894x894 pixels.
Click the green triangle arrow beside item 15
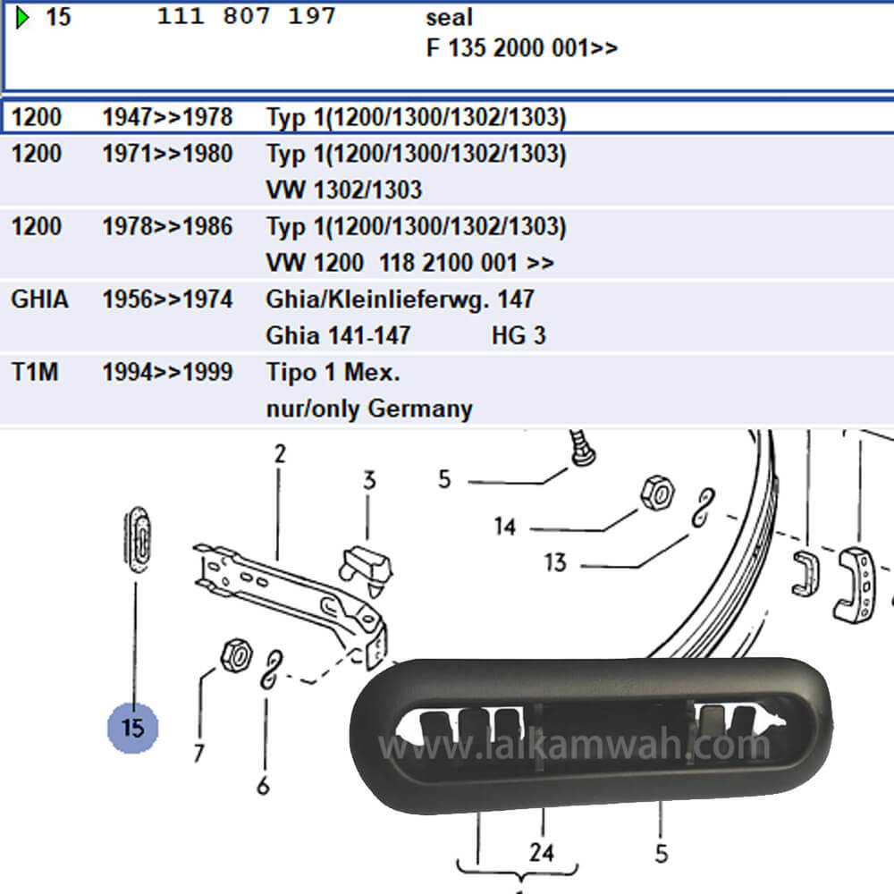22,17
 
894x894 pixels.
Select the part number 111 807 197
247,16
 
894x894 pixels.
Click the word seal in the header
450,17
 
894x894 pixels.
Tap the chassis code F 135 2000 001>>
522,48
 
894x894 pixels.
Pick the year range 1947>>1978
168,117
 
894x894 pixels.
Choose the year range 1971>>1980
168,154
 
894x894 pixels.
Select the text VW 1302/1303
344,190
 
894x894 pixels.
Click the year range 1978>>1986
168,226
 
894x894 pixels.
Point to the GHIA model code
40,299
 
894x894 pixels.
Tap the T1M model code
35,372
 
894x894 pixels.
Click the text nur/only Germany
369,409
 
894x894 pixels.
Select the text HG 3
519,336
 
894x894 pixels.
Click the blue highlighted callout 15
133,728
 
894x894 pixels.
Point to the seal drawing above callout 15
137,539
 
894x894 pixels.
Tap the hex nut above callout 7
237,655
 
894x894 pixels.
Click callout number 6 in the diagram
263,786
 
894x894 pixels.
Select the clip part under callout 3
366,569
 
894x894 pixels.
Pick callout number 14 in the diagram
505,527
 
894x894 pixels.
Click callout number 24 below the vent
541,852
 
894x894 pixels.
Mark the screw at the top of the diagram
582,448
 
